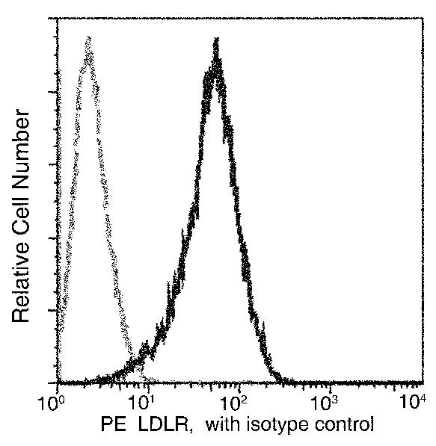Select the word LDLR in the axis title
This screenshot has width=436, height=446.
pos(161,426)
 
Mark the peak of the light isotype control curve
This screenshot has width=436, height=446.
pos(89,37)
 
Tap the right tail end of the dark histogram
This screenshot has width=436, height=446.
pos(283,379)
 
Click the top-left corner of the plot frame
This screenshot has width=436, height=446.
pos(58,16)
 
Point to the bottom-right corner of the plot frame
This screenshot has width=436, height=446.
pos(421,382)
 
